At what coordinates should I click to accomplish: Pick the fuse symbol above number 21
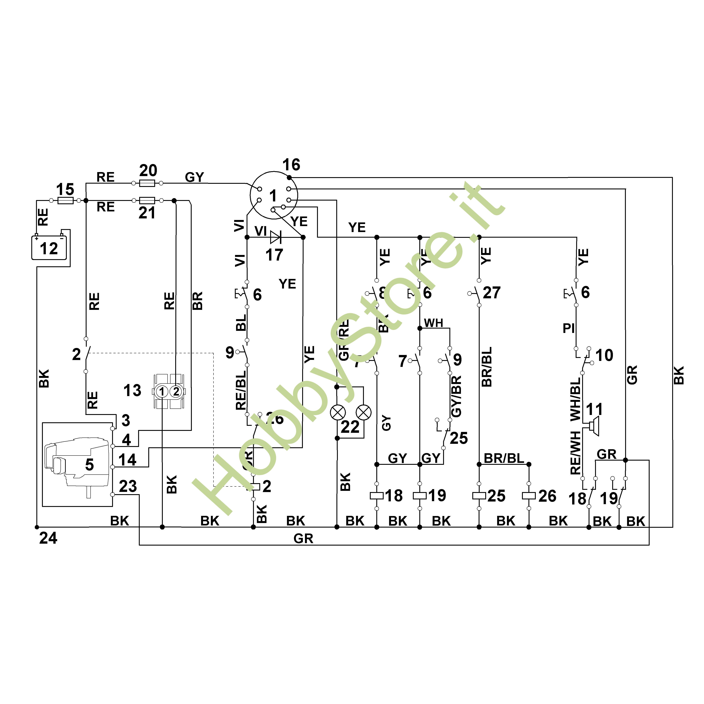pyautogui.click(x=147, y=200)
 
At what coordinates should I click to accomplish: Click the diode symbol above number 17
pyautogui.click(x=275, y=238)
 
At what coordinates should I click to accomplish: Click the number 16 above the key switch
pyautogui.click(x=291, y=165)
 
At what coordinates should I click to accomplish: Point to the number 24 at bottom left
pyautogui.click(x=48, y=538)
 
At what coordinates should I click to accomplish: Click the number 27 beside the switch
pyautogui.click(x=492, y=293)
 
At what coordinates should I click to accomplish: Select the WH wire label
pyautogui.click(x=433, y=323)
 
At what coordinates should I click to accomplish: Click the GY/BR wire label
pyautogui.click(x=456, y=396)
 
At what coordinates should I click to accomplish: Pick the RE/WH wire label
pyautogui.click(x=575, y=453)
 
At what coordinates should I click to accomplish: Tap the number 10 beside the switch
pyautogui.click(x=604, y=355)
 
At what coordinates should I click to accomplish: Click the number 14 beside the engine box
pyautogui.click(x=127, y=460)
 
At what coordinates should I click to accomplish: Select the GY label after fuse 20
pyautogui.click(x=194, y=177)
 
